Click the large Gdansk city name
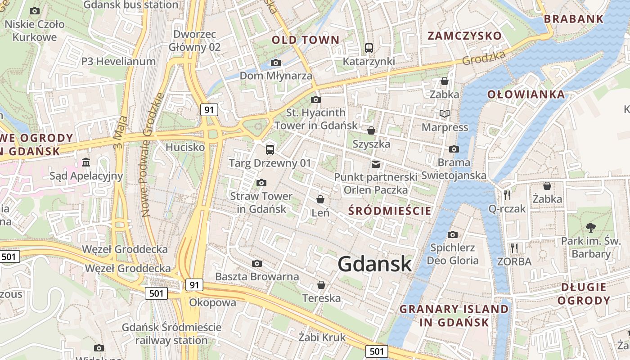coord(375,264)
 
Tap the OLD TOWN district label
coord(306,40)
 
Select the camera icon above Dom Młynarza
coord(276,63)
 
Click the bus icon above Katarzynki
coord(369,48)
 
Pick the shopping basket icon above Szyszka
coord(371,130)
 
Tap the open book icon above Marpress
coord(445,114)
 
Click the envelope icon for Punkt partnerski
coord(376,164)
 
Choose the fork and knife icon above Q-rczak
coord(508,195)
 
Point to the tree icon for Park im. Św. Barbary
coord(591,228)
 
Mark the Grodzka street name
coord(484,57)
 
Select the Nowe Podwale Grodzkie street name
coord(151,155)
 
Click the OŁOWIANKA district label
coord(526,94)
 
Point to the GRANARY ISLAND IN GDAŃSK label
coord(454,315)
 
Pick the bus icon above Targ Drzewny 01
coord(270,149)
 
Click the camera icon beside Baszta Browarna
coord(257,263)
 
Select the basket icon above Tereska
coord(321,284)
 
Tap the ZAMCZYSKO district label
coord(464,36)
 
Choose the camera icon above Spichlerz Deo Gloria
coord(453,234)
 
